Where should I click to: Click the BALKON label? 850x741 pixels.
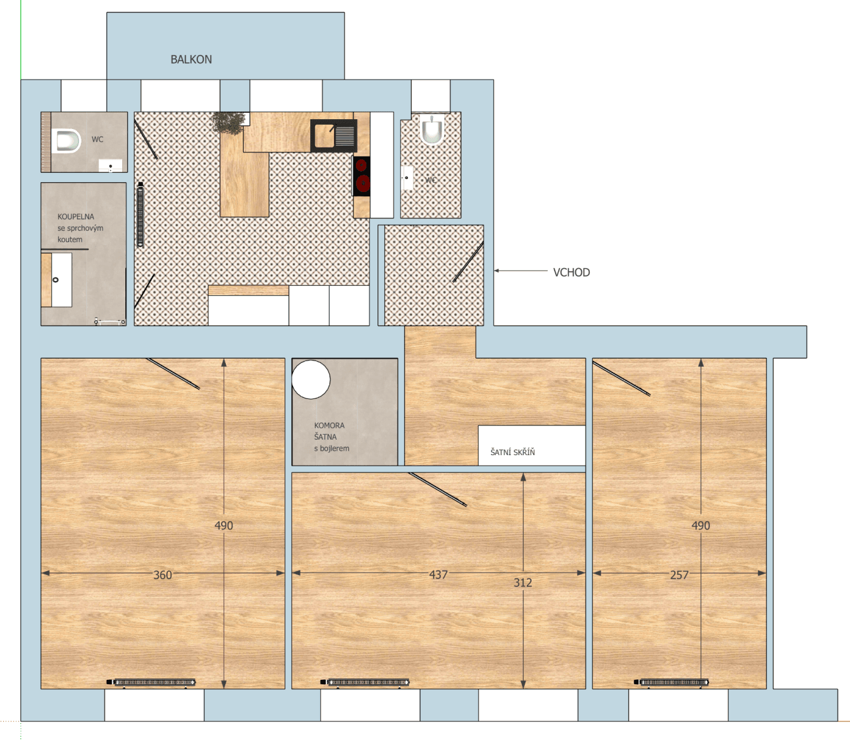click(191, 60)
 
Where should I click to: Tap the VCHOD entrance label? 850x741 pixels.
click(571, 272)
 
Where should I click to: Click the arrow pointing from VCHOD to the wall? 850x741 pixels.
click(520, 270)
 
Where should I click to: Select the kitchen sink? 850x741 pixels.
click(333, 136)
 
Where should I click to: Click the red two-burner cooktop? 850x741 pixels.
click(361, 175)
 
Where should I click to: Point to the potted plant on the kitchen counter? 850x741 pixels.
click(229, 123)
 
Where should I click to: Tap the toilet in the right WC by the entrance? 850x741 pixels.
click(432, 130)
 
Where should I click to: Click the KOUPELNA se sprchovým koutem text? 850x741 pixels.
click(80, 228)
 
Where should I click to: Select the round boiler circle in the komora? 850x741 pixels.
click(311, 379)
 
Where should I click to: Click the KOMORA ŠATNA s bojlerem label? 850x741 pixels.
click(331, 437)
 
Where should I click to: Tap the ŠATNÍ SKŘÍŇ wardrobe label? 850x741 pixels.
click(513, 453)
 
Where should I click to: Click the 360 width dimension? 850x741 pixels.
click(163, 575)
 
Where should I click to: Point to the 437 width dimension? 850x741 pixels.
click(439, 574)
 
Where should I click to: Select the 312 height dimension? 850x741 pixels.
click(522, 582)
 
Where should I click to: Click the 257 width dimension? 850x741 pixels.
click(679, 575)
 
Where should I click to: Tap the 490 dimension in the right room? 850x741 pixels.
click(701, 525)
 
